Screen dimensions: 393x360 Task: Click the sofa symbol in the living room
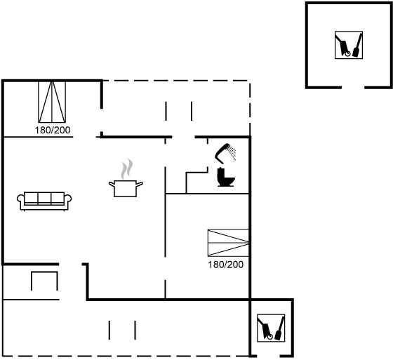(44, 201)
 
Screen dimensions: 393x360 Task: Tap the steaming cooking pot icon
(126, 178)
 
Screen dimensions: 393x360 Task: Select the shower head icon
(225, 153)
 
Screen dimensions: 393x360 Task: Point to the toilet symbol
(226, 177)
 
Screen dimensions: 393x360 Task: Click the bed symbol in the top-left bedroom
(52, 102)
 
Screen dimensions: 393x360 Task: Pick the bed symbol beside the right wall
(228, 243)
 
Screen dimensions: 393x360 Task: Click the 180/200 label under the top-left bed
(53, 130)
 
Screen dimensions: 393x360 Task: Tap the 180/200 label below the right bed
(225, 265)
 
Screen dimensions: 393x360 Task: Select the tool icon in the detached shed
(349, 45)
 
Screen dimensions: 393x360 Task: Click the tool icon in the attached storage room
(271, 328)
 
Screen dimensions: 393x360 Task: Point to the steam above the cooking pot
(127, 168)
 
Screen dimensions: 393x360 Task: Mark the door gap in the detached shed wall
(353, 88)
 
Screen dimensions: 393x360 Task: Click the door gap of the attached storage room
(268, 356)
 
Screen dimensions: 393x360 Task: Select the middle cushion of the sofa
(44, 199)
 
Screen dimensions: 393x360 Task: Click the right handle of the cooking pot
(140, 185)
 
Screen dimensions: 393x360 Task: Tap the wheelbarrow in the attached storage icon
(265, 328)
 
